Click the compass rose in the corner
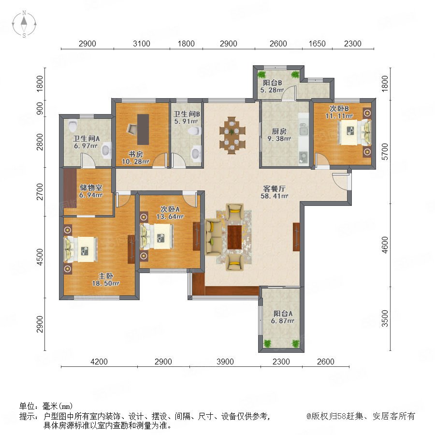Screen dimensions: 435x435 [24, 24]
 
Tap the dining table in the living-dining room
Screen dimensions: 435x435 [232, 135]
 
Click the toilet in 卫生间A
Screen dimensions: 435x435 [72, 125]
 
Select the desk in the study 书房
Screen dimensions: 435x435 [143, 130]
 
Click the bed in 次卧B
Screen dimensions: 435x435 [355, 132]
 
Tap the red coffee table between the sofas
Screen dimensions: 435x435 [235, 237]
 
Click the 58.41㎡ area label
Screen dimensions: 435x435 [275, 196]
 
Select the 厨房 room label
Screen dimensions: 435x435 [279, 131]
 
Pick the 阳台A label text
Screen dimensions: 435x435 [283, 314]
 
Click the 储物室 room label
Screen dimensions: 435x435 [91, 188]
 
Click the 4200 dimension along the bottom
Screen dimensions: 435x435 [99, 362]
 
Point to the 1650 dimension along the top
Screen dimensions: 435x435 [317, 43]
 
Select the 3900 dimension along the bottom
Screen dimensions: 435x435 [225, 362]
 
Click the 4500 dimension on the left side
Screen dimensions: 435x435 [40, 257]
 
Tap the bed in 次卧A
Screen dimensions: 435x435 [157, 236]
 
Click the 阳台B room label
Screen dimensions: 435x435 [273, 83]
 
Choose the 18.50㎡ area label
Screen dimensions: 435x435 [106, 283]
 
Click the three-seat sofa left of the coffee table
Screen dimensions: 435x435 [213, 237]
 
